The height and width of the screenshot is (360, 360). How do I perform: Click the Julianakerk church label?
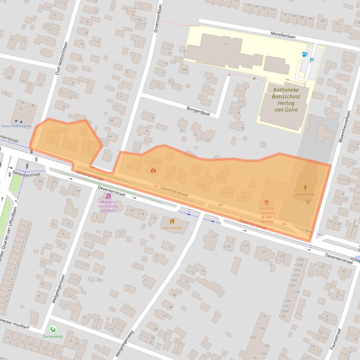(x=305, y=193)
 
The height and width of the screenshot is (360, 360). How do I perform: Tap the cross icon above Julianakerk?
(x=305, y=186)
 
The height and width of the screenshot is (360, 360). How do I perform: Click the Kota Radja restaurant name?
(x=172, y=228)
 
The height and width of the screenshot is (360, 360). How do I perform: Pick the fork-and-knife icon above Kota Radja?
(x=172, y=221)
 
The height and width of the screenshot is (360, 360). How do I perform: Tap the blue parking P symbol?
(x=312, y=60)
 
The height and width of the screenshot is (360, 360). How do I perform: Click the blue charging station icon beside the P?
(x=305, y=55)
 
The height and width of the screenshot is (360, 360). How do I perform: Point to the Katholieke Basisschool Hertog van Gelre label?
(x=284, y=99)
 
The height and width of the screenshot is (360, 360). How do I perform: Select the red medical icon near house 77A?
(x=153, y=170)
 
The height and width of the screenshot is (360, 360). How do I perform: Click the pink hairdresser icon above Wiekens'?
(x=108, y=196)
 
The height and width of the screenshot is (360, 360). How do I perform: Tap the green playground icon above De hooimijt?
(x=52, y=329)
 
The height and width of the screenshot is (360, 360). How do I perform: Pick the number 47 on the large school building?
(x=227, y=44)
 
